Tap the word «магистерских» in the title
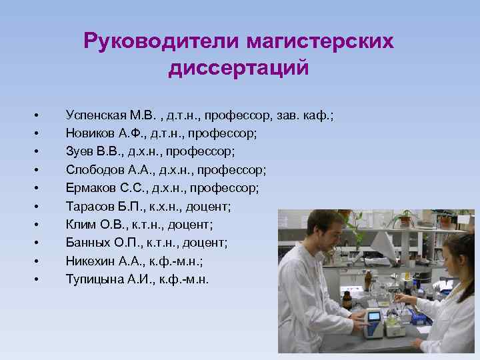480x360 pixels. [x=320, y=42]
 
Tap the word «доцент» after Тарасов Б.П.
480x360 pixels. [x=210, y=206]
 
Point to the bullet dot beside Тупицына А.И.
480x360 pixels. [x=39, y=278]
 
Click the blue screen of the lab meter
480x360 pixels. [x=374, y=316]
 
